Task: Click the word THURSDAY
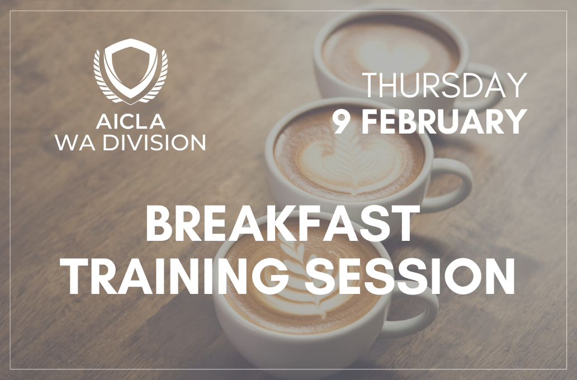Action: [x=444, y=85]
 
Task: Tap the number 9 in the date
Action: [x=342, y=122]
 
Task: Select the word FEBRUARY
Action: [x=444, y=122]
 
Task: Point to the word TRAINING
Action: [x=176, y=276]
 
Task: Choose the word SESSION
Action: [x=410, y=276]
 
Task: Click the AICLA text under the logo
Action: [x=131, y=122]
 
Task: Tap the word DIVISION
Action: [x=154, y=142]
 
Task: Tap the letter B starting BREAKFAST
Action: [x=155, y=224]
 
